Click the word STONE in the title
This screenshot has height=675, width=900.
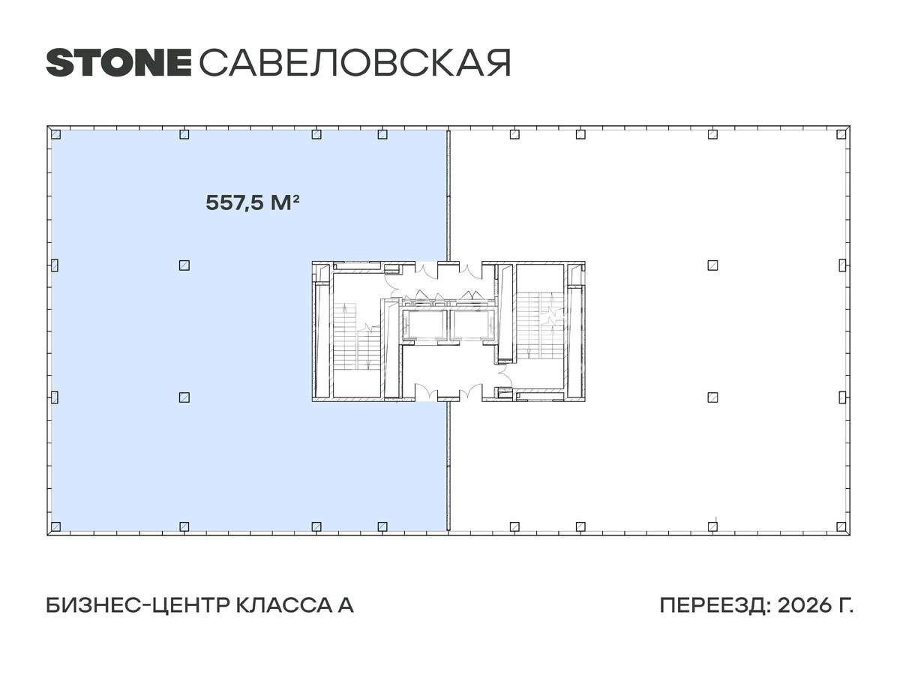pos(118,63)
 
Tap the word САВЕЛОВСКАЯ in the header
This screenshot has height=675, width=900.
pos(355,63)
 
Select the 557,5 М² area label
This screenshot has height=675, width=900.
pos(253,202)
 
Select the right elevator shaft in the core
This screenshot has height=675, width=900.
pos(472,324)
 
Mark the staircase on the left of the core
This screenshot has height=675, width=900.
pos(357,335)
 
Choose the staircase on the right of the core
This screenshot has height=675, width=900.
pos(538,324)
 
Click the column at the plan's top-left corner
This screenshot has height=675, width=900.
pos(55,135)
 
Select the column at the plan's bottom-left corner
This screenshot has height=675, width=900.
pos(55,526)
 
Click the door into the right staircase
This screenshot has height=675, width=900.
pos(504,358)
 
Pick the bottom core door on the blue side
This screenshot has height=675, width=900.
pos(425,392)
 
